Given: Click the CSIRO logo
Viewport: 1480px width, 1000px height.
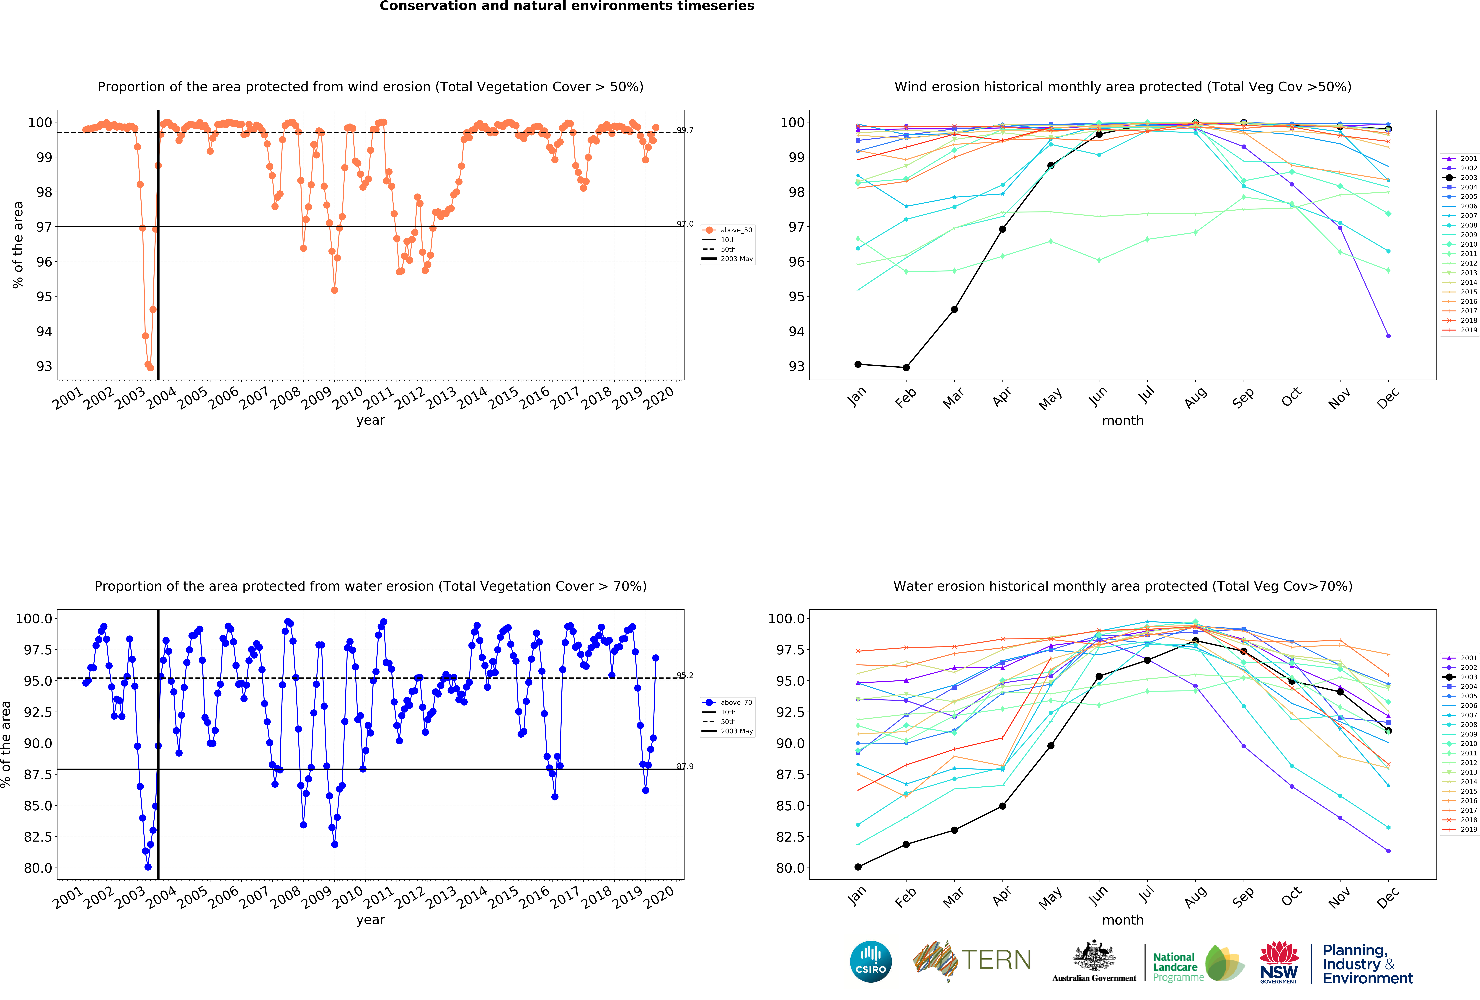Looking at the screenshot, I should pyautogui.click(x=870, y=961).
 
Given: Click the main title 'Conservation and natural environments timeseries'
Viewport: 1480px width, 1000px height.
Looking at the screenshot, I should pyautogui.click(x=567, y=6).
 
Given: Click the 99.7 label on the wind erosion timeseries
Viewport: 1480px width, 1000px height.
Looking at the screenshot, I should pyautogui.click(x=685, y=130).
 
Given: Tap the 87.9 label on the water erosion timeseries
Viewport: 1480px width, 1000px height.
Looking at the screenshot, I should pyautogui.click(x=685, y=766).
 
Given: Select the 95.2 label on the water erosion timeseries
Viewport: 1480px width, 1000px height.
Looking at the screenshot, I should pyautogui.click(x=685, y=675).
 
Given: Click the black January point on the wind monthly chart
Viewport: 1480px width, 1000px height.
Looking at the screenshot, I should pyautogui.click(x=858, y=364).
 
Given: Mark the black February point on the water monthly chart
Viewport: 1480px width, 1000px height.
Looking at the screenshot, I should pyautogui.click(x=906, y=845).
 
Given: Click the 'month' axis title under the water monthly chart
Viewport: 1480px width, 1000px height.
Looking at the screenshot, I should pyautogui.click(x=1123, y=920).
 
